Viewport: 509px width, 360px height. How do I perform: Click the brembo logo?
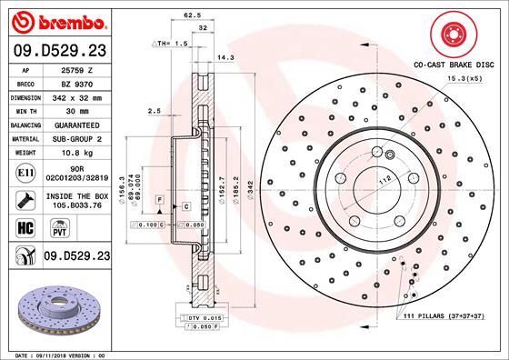click(x=56, y=20)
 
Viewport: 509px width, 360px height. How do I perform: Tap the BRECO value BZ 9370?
click(x=76, y=81)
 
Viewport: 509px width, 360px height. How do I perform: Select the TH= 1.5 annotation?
click(x=172, y=43)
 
